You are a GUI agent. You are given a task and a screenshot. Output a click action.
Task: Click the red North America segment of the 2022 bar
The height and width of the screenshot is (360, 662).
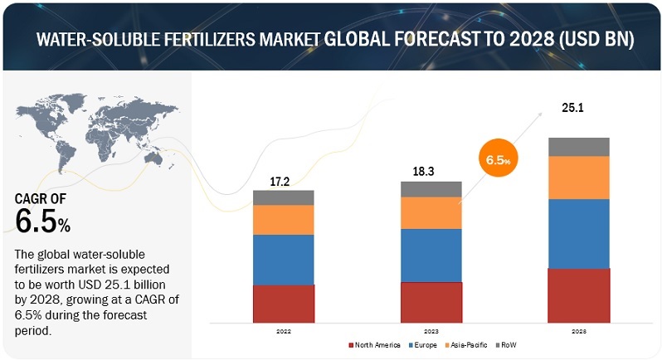[284, 304]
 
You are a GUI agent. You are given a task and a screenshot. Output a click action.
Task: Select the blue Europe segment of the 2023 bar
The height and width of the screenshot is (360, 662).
[431, 255]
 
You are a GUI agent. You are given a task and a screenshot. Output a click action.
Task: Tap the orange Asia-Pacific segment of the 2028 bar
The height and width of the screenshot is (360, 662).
[579, 178]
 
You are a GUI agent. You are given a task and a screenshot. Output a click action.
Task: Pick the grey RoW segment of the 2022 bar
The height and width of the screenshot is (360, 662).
[284, 197]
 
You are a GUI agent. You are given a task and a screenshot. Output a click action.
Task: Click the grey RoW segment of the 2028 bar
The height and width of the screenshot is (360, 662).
[579, 147]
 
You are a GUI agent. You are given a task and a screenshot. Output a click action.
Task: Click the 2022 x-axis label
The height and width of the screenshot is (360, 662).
[284, 329]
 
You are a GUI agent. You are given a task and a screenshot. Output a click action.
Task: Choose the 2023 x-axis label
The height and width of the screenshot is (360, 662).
[431, 329]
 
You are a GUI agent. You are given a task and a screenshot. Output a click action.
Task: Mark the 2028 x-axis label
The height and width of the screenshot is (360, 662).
[579, 329]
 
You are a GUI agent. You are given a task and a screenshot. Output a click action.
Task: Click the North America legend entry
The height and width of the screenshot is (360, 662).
[378, 344]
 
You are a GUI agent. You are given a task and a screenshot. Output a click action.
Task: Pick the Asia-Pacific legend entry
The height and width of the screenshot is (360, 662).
[468, 344]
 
